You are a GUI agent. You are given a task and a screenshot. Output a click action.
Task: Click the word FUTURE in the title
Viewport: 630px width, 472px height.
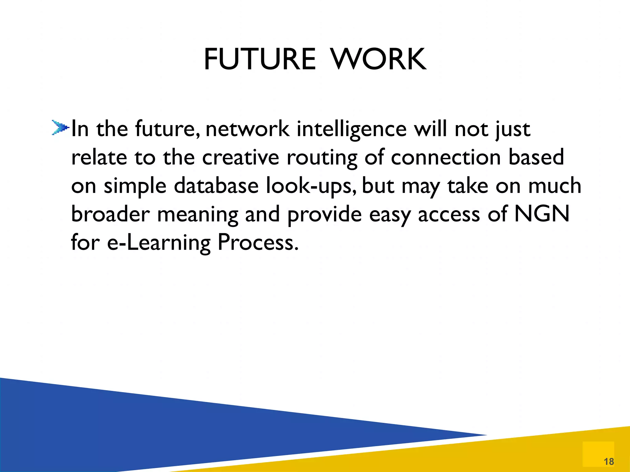(x=260, y=59)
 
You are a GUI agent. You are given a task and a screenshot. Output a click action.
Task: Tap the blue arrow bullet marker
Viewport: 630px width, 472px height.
(x=59, y=127)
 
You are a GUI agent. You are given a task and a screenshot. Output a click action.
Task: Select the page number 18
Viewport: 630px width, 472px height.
(x=609, y=461)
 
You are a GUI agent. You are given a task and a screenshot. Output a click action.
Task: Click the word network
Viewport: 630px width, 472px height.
(x=247, y=129)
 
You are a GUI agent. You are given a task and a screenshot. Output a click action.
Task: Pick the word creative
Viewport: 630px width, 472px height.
(x=241, y=157)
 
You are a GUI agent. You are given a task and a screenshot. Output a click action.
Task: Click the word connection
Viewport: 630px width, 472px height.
(x=446, y=157)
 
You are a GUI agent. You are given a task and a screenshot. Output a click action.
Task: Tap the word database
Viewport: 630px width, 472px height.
(x=216, y=186)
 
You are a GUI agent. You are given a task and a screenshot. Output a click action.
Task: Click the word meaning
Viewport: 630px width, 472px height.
(x=197, y=214)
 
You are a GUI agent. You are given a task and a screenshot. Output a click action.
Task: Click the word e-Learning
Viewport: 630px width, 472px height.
(x=158, y=243)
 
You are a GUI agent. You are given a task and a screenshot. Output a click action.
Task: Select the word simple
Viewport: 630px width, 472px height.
(x=135, y=186)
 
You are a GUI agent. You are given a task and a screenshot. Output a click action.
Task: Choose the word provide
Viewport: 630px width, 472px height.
(x=325, y=214)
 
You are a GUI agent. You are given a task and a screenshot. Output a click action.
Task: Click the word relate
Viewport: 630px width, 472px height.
(x=99, y=157)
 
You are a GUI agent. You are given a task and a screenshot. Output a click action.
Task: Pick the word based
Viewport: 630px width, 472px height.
(x=536, y=157)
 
